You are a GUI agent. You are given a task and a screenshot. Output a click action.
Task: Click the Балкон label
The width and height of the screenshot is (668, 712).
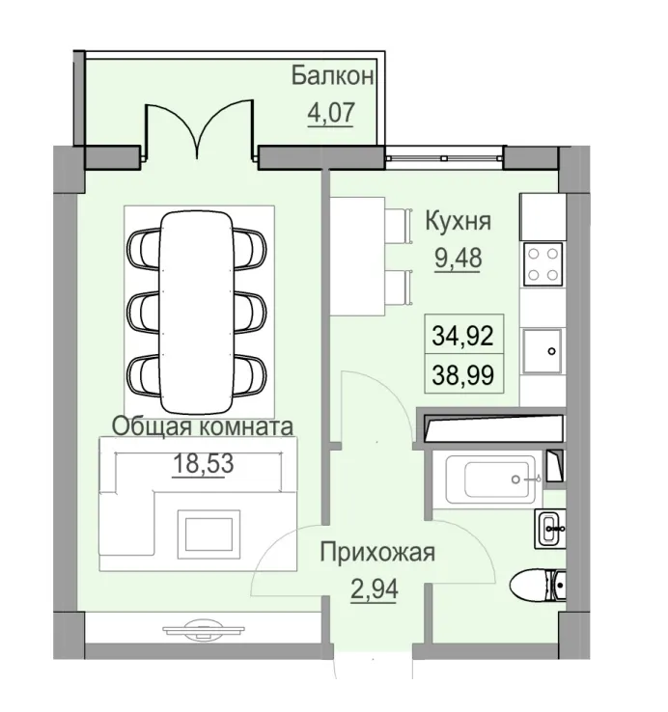[x=333, y=75]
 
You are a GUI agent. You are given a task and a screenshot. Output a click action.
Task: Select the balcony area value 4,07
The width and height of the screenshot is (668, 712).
[x=331, y=113]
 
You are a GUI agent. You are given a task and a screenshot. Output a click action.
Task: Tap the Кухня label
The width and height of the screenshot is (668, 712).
[x=458, y=222]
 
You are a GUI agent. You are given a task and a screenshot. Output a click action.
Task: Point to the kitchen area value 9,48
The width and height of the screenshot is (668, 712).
[x=458, y=258]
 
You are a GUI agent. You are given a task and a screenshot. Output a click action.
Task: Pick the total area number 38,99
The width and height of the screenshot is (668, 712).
[x=462, y=373]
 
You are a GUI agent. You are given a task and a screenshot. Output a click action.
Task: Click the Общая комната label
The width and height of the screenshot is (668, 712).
[x=203, y=425]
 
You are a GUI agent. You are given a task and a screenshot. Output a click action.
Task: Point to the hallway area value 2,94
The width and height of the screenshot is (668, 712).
[x=376, y=588]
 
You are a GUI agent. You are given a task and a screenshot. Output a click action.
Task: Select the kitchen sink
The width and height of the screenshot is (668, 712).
[x=543, y=349]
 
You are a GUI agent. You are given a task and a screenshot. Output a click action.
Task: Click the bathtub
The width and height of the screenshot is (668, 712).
[x=491, y=479]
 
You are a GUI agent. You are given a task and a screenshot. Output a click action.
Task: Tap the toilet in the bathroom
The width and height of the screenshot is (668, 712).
[x=537, y=584]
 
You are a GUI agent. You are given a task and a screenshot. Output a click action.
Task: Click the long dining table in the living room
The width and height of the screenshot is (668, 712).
[x=197, y=310]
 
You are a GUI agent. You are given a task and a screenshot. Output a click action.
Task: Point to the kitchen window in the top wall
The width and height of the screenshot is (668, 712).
[x=444, y=152]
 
